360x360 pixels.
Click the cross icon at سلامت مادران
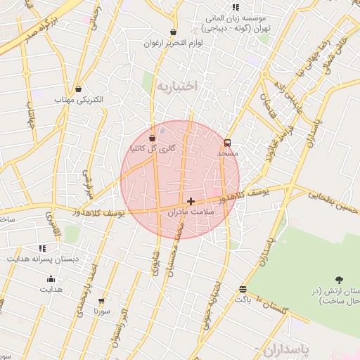coord(191,201)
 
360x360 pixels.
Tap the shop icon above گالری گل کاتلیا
coord(153,138)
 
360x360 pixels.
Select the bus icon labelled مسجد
coord(226,143)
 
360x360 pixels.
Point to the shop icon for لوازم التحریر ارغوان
coord(174,32)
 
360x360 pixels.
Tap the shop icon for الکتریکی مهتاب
coord(77,89)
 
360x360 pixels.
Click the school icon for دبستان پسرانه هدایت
coord(42,248)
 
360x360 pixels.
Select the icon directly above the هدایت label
coord(51,278)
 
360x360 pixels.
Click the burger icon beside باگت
coord(243,289)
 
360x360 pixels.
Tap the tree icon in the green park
coord(338,280)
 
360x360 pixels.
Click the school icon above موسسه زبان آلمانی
coord(236,7)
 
